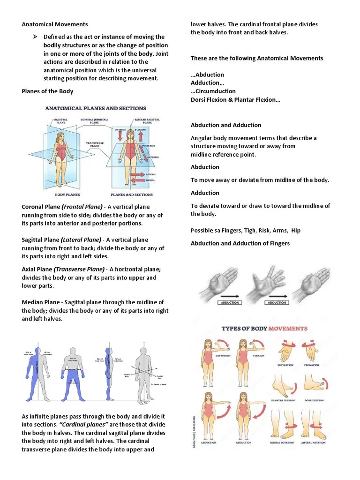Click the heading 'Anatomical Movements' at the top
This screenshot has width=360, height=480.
pos(55,24)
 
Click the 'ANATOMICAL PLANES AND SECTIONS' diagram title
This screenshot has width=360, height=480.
pos(96,108)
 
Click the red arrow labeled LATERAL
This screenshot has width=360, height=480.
pos(139,174)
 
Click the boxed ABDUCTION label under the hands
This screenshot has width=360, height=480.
pos(230,303)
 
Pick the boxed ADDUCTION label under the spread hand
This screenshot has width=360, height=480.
pos(277,303)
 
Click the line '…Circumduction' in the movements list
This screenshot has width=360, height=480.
pos(213,91)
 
